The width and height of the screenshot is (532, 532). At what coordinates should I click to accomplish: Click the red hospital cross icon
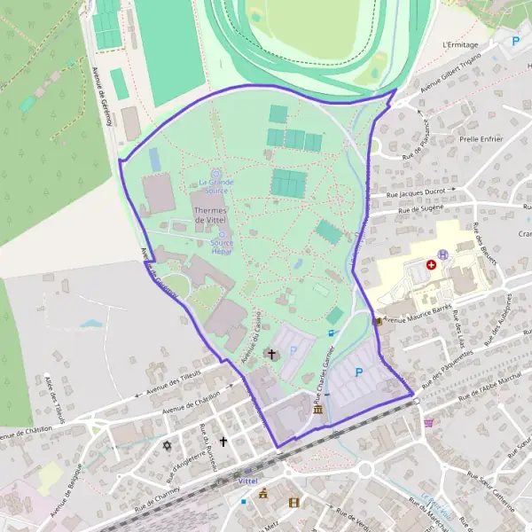click(x=432, y=264)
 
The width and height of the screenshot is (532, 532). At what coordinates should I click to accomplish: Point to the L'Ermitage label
click(x=460, y=45)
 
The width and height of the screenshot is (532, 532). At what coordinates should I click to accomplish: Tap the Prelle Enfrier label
click(x=481, y=139)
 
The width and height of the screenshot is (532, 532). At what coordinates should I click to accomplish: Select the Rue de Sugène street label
click(x=419, y=210)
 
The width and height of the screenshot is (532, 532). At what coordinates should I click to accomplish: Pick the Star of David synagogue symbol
click(x=166, y=445)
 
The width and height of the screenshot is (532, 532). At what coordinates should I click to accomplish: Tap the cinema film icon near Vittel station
click(x=293, y=501)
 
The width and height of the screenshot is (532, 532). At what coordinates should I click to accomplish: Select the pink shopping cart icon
click(x=429, y=423)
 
